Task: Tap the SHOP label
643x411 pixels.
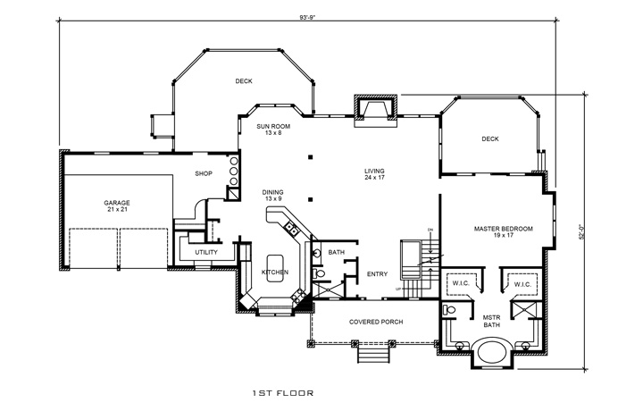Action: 203,173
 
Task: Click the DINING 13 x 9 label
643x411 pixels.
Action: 272,195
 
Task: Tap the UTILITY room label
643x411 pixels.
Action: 206,253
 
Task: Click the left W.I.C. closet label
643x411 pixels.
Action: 461,285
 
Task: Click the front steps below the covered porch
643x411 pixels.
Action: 373,355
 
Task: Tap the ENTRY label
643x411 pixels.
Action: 378,274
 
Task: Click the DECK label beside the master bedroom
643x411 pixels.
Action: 489,139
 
